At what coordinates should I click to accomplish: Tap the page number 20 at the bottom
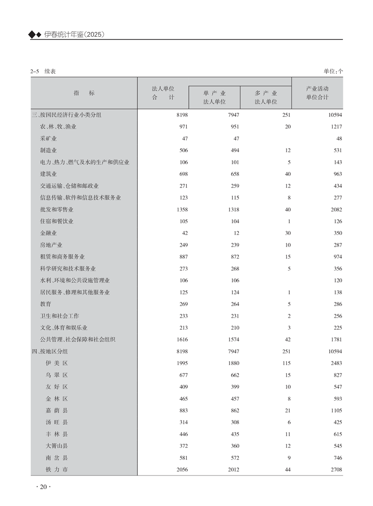click(x=43, y=487)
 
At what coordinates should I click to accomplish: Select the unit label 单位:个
click(x=333, y=71)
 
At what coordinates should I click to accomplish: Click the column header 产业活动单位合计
click(x=317, y=93)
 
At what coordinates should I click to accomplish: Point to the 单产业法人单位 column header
click(x=214, y=97)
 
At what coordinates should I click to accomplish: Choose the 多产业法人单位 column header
click(x=266, y=97)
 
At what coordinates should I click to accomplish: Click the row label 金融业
click(x=48, y=233)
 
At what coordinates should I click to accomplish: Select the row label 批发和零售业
click(x=56, y=210)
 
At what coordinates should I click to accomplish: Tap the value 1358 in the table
click(x=181, y=210)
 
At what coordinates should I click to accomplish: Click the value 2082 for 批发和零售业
click(x=336, y=210)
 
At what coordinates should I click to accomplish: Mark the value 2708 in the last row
click(x=336, y=469)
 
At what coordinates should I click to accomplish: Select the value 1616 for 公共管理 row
click(x=181, y=339)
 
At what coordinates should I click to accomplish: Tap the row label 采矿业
click(x=48, y=139)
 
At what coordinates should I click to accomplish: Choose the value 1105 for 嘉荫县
click(x=336, y=410)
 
